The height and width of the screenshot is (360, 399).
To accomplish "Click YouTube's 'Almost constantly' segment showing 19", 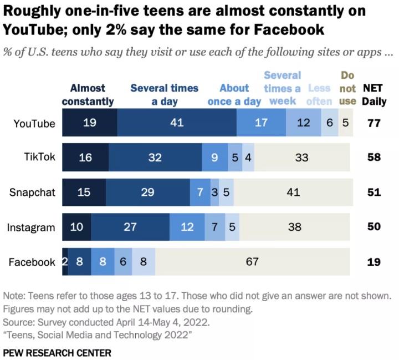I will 90,123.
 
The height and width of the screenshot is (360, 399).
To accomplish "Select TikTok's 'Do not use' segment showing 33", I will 302,158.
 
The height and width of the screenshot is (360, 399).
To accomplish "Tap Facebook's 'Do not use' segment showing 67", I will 253,262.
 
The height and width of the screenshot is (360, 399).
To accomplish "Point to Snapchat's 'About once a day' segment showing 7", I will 200,192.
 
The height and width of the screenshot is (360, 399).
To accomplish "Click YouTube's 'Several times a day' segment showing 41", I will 177,123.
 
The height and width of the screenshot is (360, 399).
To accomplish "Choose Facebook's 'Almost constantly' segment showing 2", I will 65,262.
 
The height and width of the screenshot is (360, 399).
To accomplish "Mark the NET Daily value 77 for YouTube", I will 373,123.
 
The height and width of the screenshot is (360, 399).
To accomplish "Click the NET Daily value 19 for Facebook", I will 373,262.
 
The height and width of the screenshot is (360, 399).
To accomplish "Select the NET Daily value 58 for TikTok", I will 373,158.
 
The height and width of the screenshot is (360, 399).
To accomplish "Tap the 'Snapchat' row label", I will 32,192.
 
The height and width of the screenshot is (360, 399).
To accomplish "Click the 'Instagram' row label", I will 31,227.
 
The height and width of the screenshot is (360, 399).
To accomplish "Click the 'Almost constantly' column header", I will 88,94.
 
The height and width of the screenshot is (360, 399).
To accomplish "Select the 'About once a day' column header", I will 234,94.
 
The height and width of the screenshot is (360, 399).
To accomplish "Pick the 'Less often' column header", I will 319,94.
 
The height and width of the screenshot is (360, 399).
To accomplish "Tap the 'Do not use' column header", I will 347,88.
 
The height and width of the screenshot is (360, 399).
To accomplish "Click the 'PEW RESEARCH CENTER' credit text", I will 57,352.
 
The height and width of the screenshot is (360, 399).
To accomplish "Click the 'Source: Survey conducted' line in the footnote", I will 103,322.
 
